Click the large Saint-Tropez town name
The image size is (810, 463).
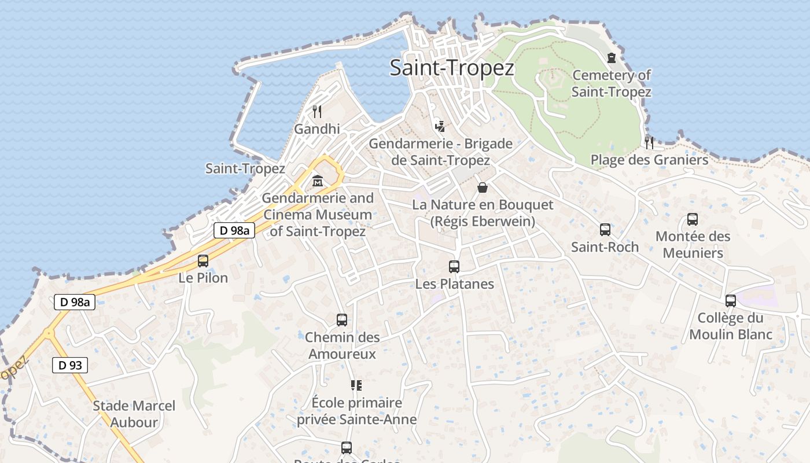click(x=452, y=68)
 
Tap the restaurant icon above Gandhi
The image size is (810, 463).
click(x=317, y=111)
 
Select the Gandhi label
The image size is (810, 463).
click(x=317, y=128)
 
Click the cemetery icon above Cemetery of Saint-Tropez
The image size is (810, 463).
click(x=612, y=57)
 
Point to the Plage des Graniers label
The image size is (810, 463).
click(x=649, y=160)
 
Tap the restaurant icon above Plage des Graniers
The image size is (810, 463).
click(x=649, y=142)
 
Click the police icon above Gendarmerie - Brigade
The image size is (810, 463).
click(x=440, y=126)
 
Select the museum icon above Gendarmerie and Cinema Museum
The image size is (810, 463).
click(x=318, y=181)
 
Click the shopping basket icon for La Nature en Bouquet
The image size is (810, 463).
click(x=482, y=188)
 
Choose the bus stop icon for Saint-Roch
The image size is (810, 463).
click(x=605, y=230)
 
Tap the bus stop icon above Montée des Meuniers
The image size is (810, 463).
click(x=693, y=219)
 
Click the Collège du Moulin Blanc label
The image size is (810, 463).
click(x=731, y=326)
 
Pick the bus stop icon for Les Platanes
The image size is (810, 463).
click(x=454, y=267)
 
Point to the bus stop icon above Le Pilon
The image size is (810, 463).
click(x=203, y=261)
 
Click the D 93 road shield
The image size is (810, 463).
click(x=71, y=365)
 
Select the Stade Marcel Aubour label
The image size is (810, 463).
click(x=134, y=414)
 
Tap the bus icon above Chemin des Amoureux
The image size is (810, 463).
click(x=342, y=320)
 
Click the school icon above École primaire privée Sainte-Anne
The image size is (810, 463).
click(x=356, y=385)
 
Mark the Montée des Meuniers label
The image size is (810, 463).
click(x=693, y=245)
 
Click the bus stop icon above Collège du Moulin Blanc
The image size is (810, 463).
click(x=731, y=301)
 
